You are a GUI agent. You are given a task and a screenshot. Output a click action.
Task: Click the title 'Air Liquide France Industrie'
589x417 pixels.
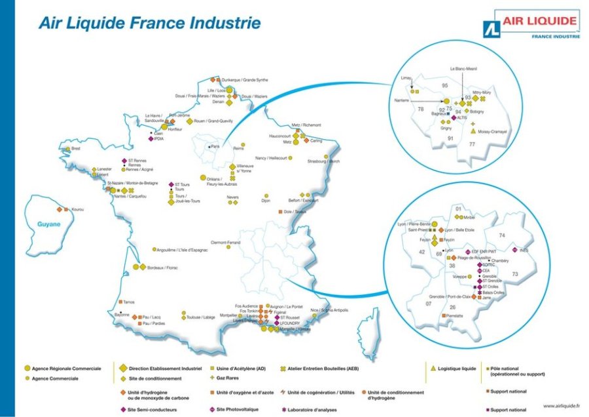coord(149,24)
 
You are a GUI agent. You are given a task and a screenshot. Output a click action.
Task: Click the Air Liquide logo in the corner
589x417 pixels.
coord(531,25)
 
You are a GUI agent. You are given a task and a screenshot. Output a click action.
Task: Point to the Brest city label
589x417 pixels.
coord(75,149)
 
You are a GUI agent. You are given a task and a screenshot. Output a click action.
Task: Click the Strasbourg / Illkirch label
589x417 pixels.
coord(325,161)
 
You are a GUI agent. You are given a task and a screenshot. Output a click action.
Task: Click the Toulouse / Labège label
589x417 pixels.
coord(201,317)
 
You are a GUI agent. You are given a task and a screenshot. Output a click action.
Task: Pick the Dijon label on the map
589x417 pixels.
coord(266,201)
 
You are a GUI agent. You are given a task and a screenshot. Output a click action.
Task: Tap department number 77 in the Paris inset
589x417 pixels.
coord(490,143)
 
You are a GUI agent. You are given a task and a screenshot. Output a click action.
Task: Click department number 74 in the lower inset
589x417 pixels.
coord(502,235)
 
